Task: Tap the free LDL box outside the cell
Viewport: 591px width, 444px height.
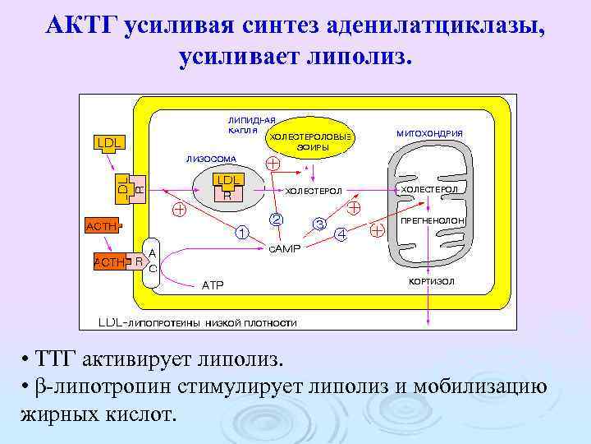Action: pos(109,143)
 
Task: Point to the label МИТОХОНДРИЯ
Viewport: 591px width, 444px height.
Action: pos(429,133)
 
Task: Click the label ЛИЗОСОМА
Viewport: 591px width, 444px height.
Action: pos(211,159)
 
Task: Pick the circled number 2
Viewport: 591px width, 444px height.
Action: pos(277,220)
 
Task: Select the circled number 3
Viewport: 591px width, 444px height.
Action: pos(319,224)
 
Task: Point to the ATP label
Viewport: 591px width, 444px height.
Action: pos(213,285)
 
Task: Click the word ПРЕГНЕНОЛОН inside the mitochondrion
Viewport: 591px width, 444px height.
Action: pos(433,222)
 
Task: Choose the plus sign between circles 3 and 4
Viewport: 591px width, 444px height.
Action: pos(355,208)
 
